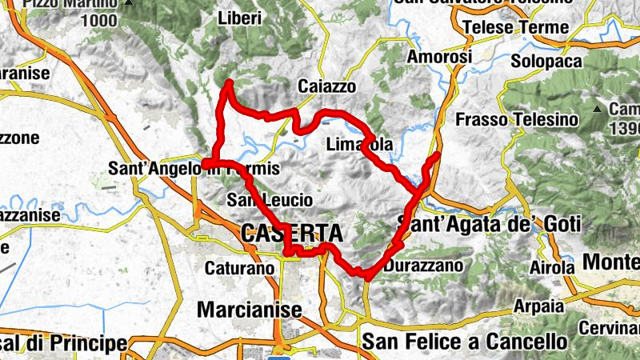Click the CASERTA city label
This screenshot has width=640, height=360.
[x=291, y=234]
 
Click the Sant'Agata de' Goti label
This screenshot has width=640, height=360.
[x=488, y=224]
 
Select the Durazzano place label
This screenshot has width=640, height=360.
[x=424, y=265]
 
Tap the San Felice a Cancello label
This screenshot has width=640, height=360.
[x=465, y=342]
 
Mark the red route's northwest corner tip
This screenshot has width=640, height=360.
[x=230, y=82]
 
